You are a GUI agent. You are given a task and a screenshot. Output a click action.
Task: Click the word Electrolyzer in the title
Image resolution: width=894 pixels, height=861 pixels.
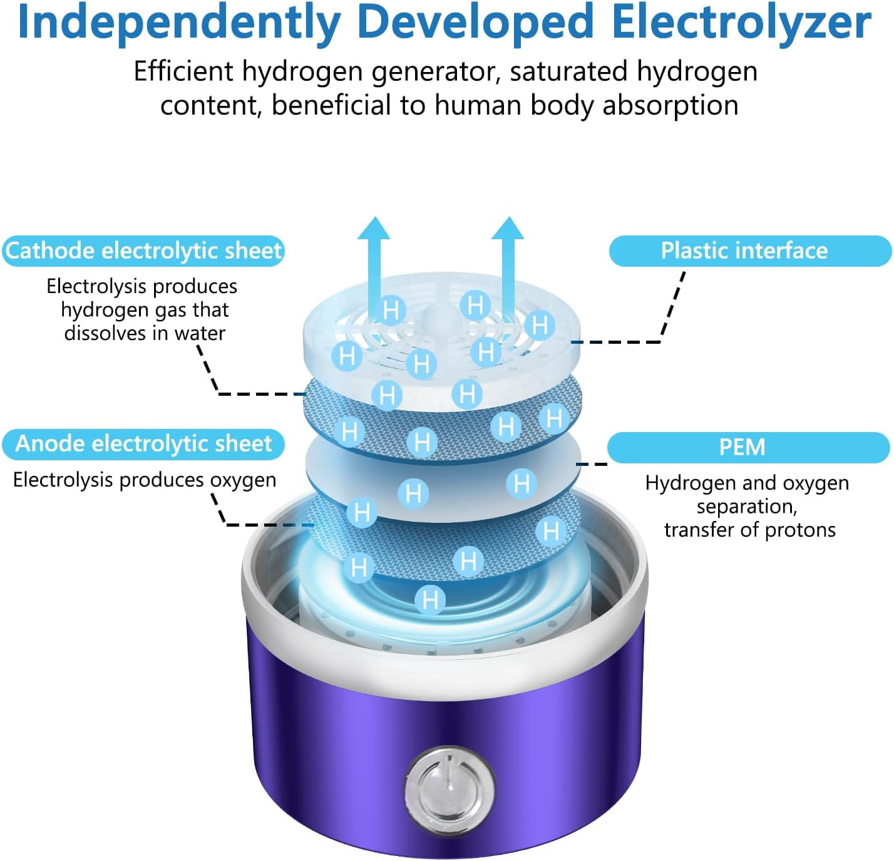(741, 23)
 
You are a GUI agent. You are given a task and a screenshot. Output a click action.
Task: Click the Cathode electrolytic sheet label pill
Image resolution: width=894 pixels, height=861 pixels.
(143, 251)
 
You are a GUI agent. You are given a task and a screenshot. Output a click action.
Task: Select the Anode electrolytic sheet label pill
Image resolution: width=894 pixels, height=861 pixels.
(143, 444)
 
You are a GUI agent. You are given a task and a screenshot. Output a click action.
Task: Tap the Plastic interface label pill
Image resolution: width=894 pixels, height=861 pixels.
(750, 251)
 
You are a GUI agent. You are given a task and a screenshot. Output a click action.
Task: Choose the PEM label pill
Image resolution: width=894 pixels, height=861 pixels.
(748, 447)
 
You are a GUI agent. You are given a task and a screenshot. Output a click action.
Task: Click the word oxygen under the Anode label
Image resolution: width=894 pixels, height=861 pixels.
(244, 481)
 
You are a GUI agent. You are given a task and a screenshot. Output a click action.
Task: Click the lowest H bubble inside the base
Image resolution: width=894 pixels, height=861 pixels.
(430, 600)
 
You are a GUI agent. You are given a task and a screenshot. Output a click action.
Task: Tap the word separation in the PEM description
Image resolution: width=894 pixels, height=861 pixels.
(746, 507)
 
